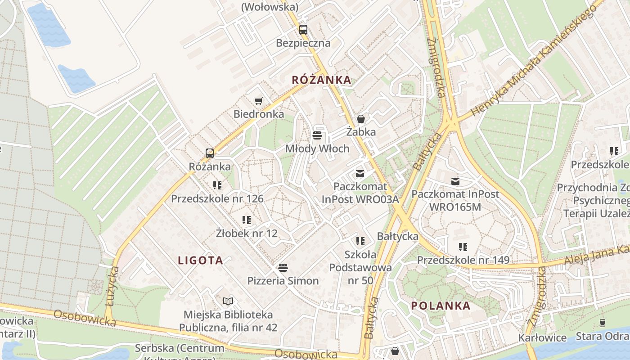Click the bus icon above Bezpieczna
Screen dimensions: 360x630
(x=303, y=30)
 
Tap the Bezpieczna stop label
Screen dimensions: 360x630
(x=303, y=43)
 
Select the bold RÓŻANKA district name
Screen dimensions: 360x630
(x=321, y=80)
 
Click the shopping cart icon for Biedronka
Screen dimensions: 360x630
(x=258, y=101)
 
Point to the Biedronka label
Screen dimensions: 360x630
(x=259, y=114)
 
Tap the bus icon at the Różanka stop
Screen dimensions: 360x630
(x=210, y=153)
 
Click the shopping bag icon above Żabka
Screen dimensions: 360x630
(x=360, y=119)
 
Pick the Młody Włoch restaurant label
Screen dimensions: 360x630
(x=317, y=148)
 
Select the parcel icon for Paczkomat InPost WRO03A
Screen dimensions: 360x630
(x=360, y=174)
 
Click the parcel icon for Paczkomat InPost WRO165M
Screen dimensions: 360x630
(x=455, y=181)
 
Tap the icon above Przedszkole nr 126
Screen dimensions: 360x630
(x=217, y=185)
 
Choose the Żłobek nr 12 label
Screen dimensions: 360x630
(x=247, y=234)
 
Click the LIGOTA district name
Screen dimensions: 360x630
(x=201, y=261)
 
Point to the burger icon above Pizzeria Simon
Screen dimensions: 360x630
(x=283, y=268)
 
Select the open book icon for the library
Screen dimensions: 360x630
(x=228, y=301)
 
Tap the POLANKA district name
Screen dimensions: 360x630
(x=441, y=306)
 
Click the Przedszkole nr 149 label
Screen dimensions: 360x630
(x=463, y=260)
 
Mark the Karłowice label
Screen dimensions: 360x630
(x=542, y=337)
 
